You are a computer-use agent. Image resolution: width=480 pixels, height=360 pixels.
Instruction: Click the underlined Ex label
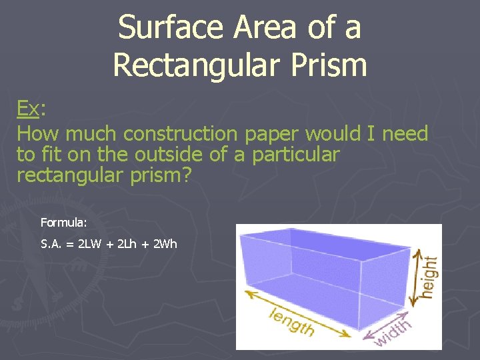pos(28,109)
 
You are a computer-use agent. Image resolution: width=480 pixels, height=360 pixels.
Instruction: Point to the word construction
pos(183,133)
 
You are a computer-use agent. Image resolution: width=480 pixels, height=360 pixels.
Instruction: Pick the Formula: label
pos(64,221)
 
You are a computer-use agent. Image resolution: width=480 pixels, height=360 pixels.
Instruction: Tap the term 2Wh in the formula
pos(165,243)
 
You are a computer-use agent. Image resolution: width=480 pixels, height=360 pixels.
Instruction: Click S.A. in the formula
pos(53,243)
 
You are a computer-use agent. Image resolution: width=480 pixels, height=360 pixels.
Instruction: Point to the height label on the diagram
pos(431,277)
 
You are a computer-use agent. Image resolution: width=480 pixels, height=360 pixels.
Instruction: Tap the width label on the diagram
pos(393,333)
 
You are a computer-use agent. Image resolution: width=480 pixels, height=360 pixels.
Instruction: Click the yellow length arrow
pos(300,310)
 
